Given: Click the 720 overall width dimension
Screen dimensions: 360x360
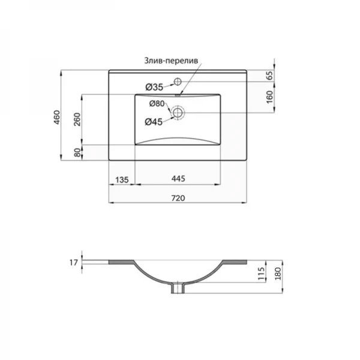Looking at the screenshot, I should (x=177, y=198).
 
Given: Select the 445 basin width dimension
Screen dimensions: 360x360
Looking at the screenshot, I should (x=177, y=179).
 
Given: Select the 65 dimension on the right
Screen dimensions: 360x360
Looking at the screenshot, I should (x=270, y=76).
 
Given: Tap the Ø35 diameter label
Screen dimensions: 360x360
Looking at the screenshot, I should (x=154, y=86).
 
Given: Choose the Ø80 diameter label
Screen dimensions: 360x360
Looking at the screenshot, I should (x=157, y=104).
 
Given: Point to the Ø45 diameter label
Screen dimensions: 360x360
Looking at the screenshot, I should (x=154, y=122).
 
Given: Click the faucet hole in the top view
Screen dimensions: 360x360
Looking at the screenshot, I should (x=178, y=81).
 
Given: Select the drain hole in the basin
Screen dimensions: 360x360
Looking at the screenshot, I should (x=178, y=112).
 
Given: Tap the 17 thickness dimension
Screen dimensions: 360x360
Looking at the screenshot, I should (x=72, y=262).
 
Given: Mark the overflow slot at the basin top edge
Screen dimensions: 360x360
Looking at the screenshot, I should (x=178, y=94).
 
